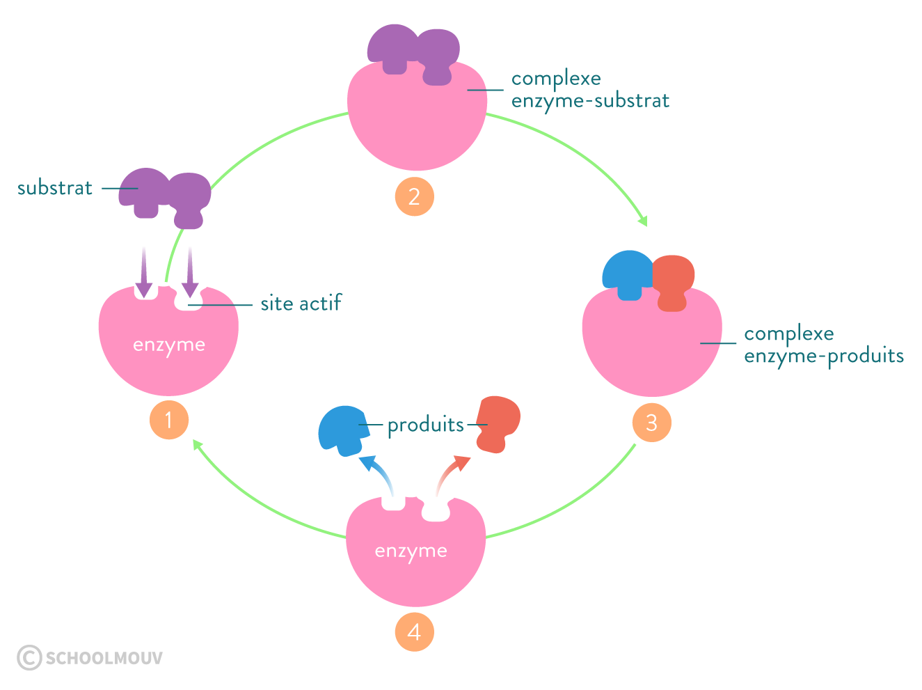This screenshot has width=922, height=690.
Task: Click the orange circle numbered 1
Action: (169, 420)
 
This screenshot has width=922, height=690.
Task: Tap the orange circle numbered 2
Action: (414, 196)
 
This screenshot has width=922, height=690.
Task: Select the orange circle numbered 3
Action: (651, 422)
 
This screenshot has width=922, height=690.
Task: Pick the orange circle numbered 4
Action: (414, 632)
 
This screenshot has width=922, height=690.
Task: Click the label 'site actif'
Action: (301, 304)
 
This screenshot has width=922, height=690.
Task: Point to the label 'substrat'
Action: (55, 188)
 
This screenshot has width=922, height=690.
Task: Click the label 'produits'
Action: (425, 425)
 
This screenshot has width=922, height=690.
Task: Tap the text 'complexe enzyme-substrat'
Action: (589, 90)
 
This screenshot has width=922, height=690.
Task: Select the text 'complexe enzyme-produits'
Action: (823, 345)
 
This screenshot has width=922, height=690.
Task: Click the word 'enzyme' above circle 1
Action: (169, 345)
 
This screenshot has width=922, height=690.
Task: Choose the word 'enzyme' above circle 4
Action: (411, 551)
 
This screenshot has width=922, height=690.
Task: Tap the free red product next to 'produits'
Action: (498, 423)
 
